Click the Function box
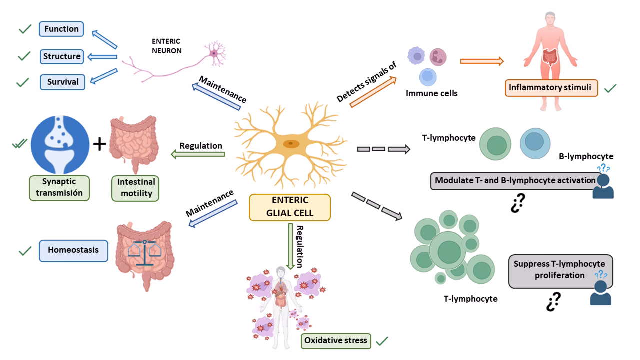click(61, 29)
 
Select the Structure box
click(61, 56)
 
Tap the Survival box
click(62, 82)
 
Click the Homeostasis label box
click(73, 250)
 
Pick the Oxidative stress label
click(336, 341)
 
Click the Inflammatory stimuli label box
click(551, 88)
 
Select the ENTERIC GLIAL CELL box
click(290, 207)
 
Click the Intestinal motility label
click(136, 188)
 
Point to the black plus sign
click(100, 144)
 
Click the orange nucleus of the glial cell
click(291, 144)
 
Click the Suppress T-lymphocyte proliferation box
click(560, 270)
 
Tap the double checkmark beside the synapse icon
click(20, 145)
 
